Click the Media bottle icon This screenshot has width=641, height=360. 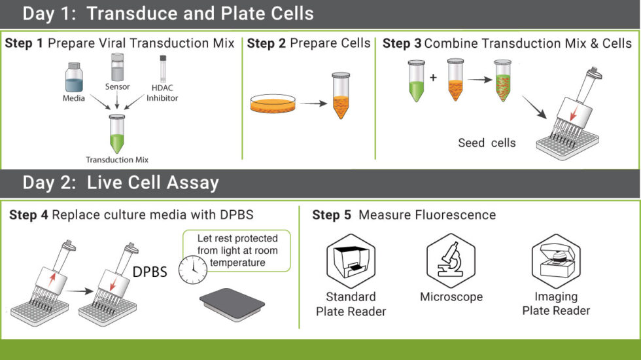point(74,77)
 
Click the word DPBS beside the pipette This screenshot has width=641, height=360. point(149,271)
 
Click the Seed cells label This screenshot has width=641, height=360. point(487,143)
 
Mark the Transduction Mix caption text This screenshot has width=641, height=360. point(117,160)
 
